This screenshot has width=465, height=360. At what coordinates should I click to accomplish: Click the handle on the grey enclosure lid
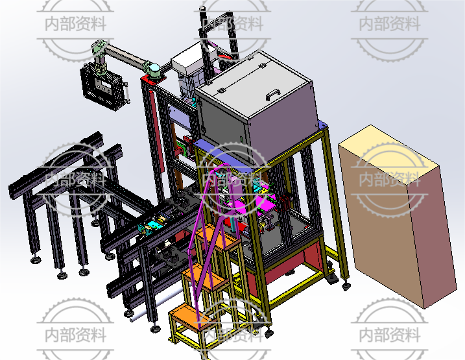pos(273,95)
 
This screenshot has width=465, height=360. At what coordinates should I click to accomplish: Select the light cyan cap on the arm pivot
pos(155,69)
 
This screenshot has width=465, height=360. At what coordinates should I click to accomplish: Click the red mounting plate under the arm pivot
pos(153,80)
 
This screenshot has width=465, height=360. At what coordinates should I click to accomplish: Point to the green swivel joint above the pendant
pos(99,47)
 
